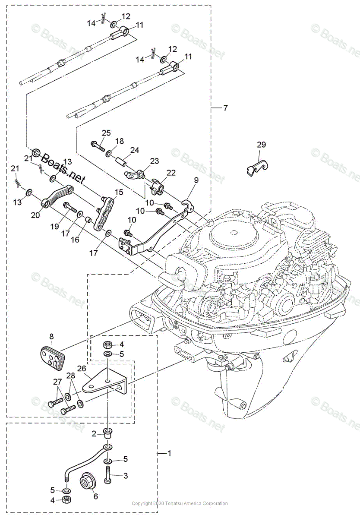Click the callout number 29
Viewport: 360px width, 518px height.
click(x=262, y=145)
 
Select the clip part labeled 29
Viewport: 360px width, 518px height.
click(x=257, y=168)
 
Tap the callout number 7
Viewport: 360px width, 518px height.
click(x=225, y=108)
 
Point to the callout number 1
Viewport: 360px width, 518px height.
click(x=169, y=453)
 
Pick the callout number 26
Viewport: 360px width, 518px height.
click(x=82, y=369)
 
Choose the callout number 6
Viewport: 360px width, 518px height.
click(x=95, y=496)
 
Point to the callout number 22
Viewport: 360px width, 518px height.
click(x=171, y=173)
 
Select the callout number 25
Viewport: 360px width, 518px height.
click(x=106, y=132)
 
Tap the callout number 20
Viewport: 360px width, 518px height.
click(x=35, y=215)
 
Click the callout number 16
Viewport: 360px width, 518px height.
click(x=76, y=239)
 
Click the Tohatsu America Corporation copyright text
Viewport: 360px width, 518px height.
click(x=180, y=503)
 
